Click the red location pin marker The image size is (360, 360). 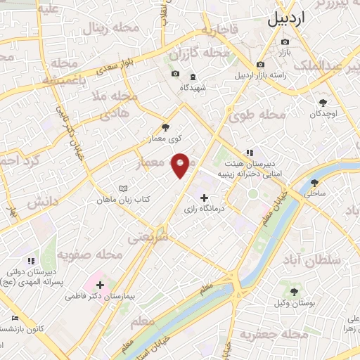click(181, 165)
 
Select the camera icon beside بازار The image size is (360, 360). click(285, 42)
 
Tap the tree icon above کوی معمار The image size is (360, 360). click(165, 127)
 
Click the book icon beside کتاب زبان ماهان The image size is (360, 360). click(124, 188)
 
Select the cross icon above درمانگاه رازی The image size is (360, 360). click(205, 198)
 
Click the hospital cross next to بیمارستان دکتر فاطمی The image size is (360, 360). click(100, 285)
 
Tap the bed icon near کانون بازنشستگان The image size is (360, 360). click(16, 318)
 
